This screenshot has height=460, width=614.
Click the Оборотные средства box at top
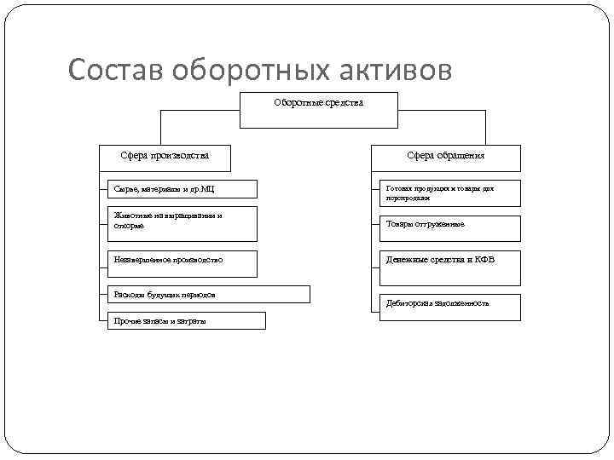point(318,110)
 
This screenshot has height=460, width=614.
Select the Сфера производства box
point(165,157)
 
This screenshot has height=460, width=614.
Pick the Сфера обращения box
point(445,157)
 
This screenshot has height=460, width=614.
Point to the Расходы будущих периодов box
point(209,295)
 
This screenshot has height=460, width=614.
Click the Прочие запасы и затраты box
point(186,320)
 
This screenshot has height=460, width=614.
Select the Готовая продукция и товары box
point(449,193)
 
